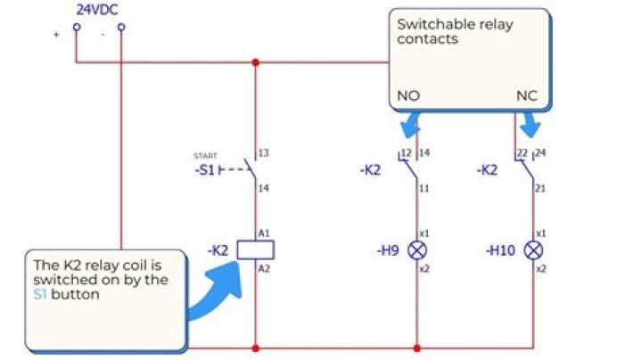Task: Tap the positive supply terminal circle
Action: [x=76, y=27]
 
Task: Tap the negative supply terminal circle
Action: [x=121, y=27]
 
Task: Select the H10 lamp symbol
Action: [x=533, y=250]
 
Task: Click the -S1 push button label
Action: [x=204, y=169]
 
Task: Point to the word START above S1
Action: [x=205, y=156]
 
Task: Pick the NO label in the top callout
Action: [x=407, y=95]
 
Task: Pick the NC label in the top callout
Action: [x=527, y=95]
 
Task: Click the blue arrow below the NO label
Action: [x=410, y=126]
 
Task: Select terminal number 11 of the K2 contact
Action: [x=424, y=190]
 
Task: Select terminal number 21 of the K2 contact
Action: [x=540, y=190]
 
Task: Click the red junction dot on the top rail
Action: [x=256, y=62]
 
